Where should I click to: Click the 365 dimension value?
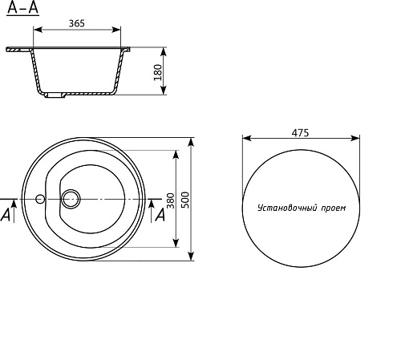click(77, 23)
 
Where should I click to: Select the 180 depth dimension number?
click(158, 72)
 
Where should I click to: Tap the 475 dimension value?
click(300, 133)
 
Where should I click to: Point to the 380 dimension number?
click(170, 200)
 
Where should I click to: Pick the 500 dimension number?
click(185, 200)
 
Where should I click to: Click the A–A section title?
click(22, 8)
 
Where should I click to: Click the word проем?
click(333, 208)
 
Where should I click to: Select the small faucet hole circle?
click(40, 199)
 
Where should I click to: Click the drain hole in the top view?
click(71, 199)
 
